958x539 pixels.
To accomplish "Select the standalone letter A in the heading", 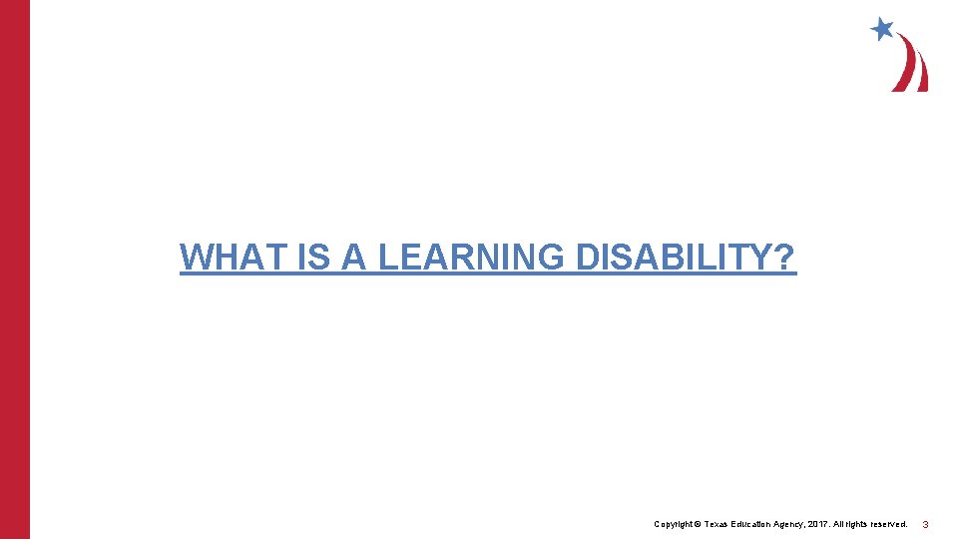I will coord(354,258).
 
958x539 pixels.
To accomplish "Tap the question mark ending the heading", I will coord(786,258).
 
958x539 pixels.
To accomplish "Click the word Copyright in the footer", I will coord(673,524).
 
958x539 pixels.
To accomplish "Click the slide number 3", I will coord(925,524).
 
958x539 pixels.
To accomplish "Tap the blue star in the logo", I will coord(881,29).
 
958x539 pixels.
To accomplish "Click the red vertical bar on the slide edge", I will coord(15,269).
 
